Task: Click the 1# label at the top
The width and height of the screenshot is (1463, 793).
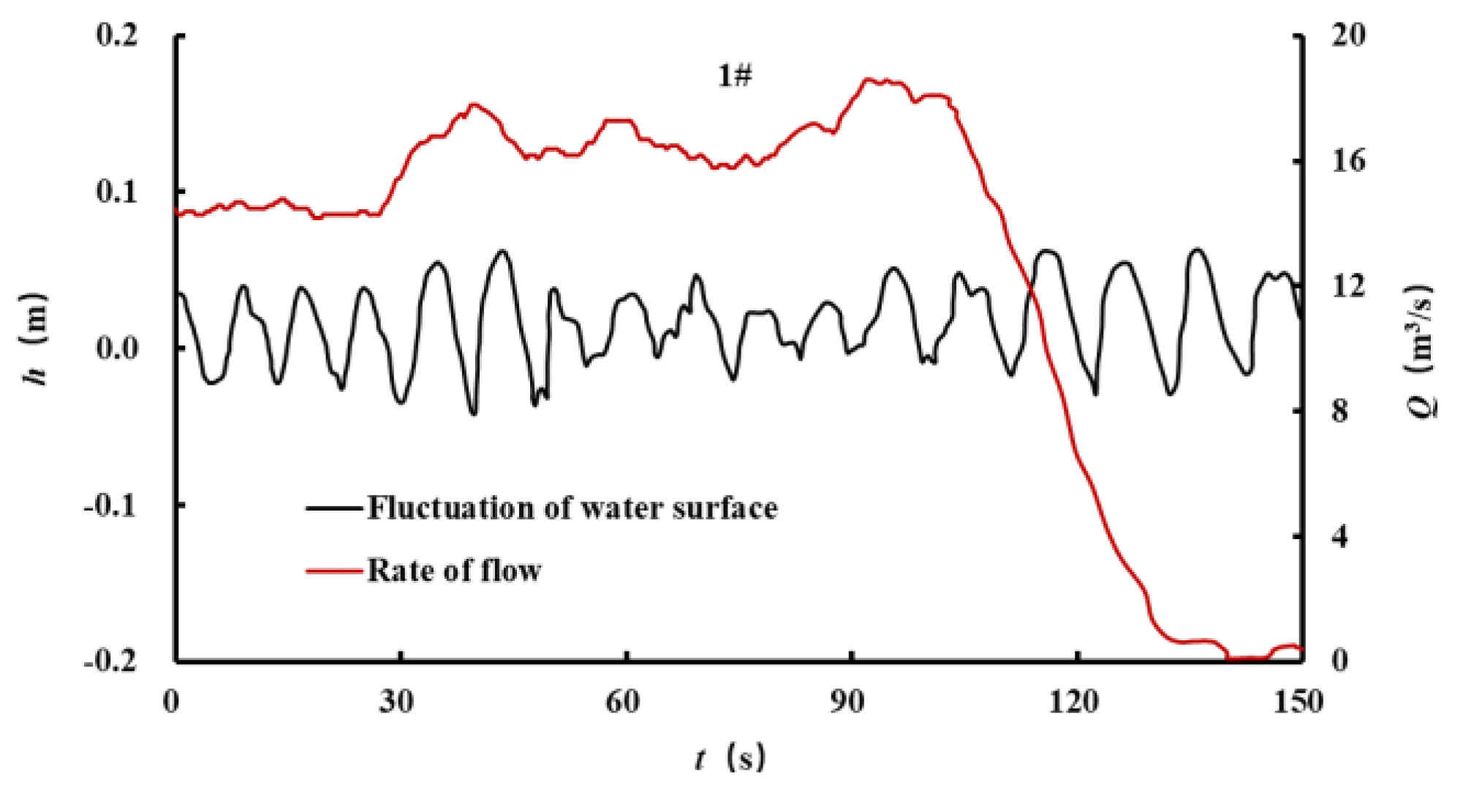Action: point(734,75)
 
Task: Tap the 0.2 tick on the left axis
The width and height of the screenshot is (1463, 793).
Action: point(117,35)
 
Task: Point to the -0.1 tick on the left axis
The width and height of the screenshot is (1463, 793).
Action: point(110,505)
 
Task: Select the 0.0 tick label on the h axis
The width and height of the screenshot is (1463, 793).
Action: point(117,348)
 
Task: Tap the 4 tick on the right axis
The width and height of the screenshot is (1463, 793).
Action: point(1339,537)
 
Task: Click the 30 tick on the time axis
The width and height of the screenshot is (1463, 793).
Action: point(396,702)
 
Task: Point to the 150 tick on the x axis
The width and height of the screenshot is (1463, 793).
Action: point(1298,702)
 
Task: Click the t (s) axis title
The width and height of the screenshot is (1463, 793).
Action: point(730,759)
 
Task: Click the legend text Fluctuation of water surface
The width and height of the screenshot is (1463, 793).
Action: point(572,508)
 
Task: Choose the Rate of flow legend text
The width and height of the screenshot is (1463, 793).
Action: point(454,571)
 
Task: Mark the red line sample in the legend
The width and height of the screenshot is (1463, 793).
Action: point(334,571)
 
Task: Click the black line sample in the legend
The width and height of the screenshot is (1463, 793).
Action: point(334,508)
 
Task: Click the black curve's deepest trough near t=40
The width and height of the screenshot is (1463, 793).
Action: point(474,414)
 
